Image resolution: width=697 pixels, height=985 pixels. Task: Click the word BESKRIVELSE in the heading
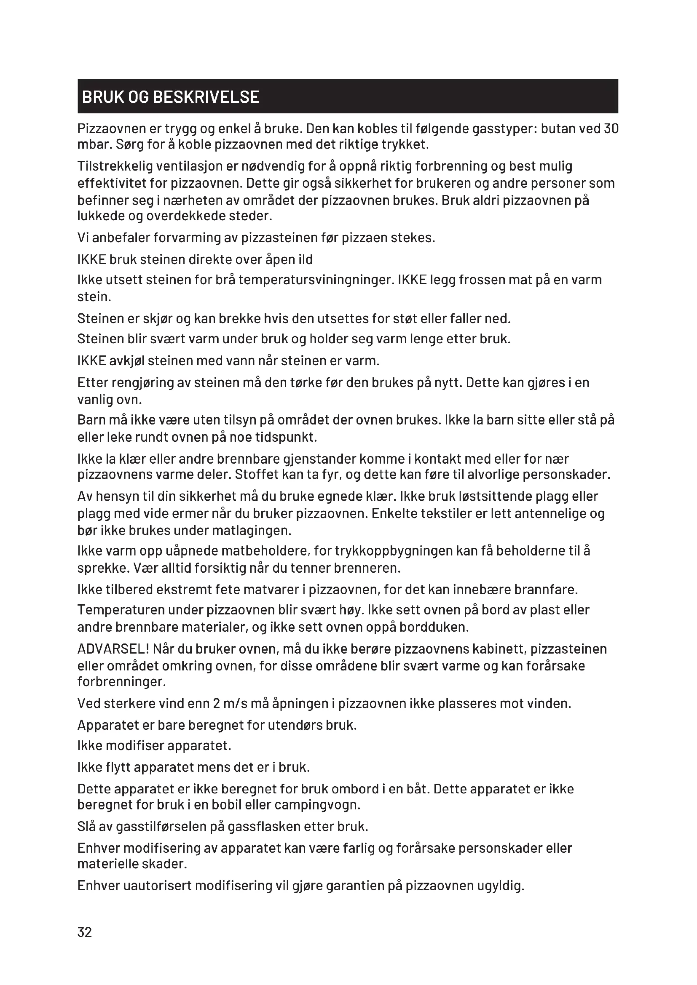[x=206, y=97]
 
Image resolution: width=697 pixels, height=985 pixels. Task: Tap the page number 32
[x=85, y=932]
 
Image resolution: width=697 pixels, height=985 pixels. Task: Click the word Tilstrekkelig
[x=114, y=166]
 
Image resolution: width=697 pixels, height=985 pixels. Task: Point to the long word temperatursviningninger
[x=316, y=280]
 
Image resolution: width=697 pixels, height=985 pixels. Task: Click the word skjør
[x=157, y=319]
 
